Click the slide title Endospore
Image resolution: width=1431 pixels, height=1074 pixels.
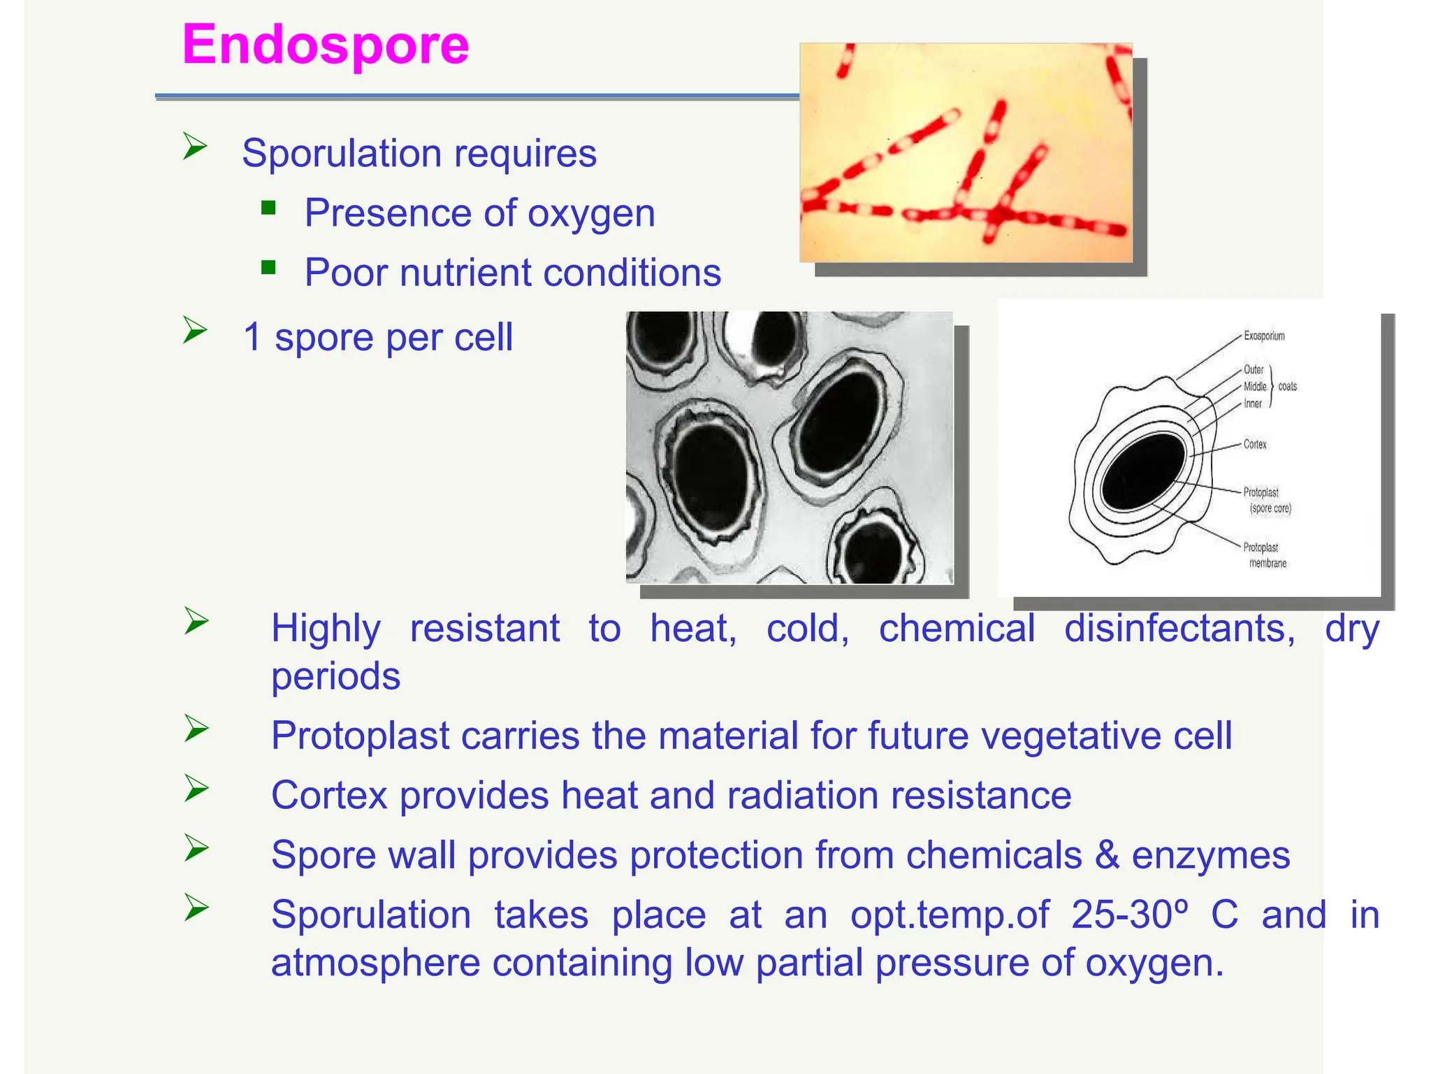click(326, 45)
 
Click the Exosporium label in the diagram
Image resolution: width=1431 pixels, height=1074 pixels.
click(1264, 336)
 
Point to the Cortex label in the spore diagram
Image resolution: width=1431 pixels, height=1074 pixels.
click(1255, 444)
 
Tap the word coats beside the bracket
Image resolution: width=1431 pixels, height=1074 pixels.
click(1288, 387)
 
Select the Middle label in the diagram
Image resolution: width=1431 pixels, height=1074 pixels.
click(1255, 387)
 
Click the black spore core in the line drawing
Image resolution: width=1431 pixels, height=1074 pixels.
click(1143, 471)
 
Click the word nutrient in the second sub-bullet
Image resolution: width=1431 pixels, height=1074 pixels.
click(465, 273)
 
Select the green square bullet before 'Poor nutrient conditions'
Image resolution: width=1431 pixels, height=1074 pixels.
click(268, 268)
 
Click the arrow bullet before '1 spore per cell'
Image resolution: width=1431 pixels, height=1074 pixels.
click(195, 330)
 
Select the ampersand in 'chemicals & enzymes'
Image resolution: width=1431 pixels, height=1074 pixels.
click(1107, 855)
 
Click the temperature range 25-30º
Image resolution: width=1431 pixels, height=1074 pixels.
click(1129, 915)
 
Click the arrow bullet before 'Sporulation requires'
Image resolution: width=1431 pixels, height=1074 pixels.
click(195, 146)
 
